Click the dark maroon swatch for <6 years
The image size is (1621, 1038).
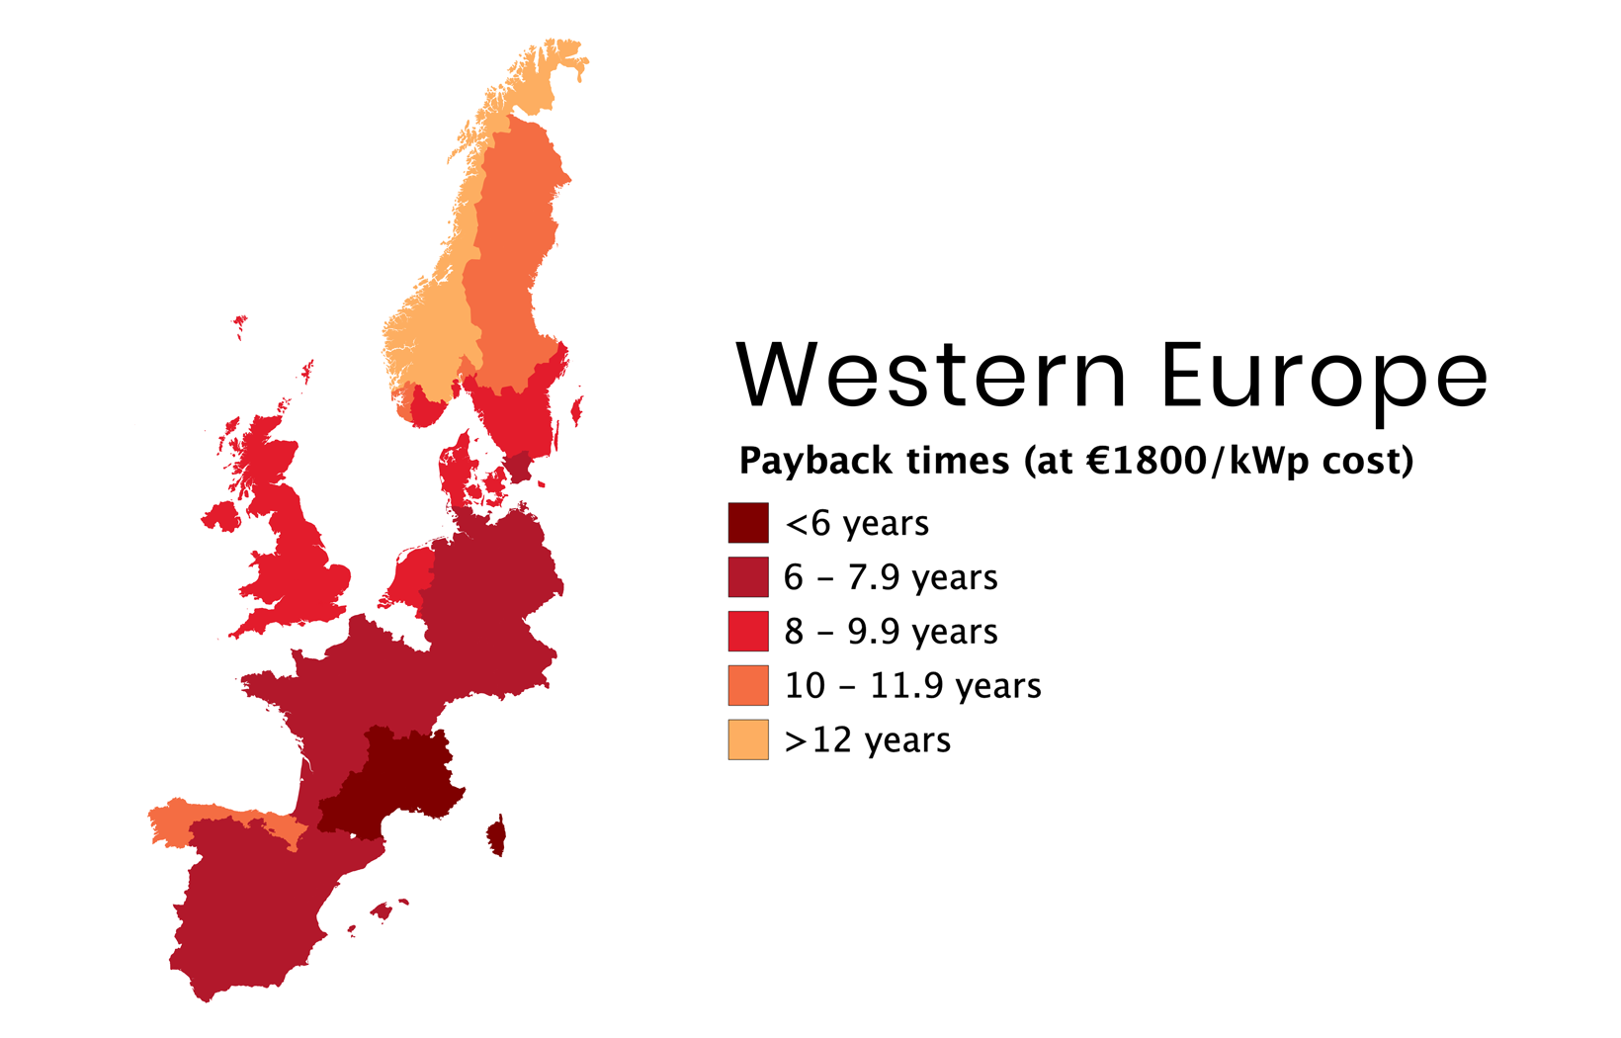click(x=748, y=523)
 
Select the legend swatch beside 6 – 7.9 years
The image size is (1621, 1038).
click(x=748, y=577)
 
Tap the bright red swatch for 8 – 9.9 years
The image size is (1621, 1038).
click(x=748, y=632)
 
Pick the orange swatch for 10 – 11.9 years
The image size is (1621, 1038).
click(x=748, y=685)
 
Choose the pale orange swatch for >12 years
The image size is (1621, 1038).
click(x=748, y=739)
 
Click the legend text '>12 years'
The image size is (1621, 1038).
click(x=867, y=740)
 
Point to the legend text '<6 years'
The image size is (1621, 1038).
click(x=856, y=524)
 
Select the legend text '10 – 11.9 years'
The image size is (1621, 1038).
click(x=912, y=686)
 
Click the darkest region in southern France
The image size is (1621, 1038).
click(x=390, y=786)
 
